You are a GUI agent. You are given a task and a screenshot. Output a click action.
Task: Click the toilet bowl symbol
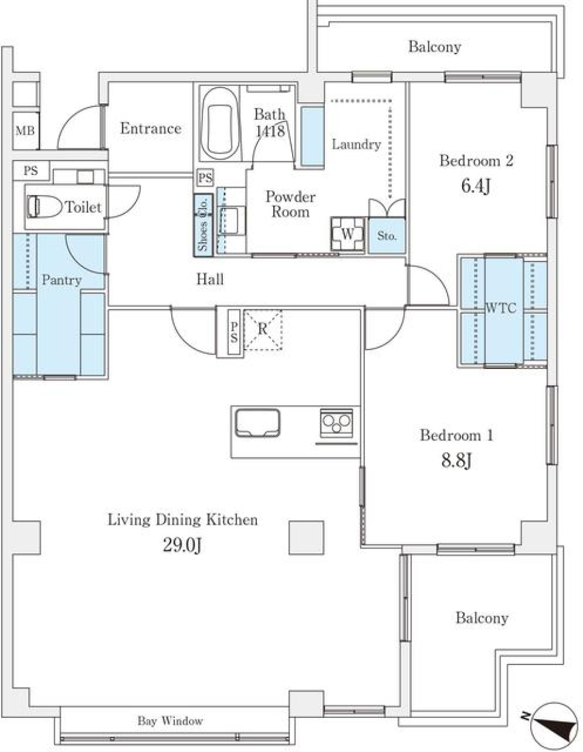[44, 207]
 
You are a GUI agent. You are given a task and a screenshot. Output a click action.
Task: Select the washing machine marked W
[347, 234]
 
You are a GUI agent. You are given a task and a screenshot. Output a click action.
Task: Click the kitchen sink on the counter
[258, 423]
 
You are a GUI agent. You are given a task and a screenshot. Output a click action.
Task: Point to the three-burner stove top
[336, 424]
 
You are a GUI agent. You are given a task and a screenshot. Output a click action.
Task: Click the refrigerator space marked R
[263, 330]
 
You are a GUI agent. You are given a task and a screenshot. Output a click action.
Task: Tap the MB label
[26, 131]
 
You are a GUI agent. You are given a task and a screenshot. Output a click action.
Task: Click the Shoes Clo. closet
[203, 226]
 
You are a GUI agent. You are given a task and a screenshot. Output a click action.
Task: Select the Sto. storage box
[386, 236]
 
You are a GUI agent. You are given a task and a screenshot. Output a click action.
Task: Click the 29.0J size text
[182, 547]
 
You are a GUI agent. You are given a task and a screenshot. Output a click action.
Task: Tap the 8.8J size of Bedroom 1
[456, 461]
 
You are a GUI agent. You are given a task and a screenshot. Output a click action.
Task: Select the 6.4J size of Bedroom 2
[476, 186]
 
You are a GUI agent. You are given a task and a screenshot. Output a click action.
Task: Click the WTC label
[501, 308]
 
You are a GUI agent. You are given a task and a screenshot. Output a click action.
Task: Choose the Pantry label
[61, 280]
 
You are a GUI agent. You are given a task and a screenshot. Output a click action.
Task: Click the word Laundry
[356, 145]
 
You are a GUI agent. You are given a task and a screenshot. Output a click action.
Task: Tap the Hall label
[210, 279]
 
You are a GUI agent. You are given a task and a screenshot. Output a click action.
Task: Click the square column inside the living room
[306, 538]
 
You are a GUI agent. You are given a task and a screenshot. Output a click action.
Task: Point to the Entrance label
[151, 129]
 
